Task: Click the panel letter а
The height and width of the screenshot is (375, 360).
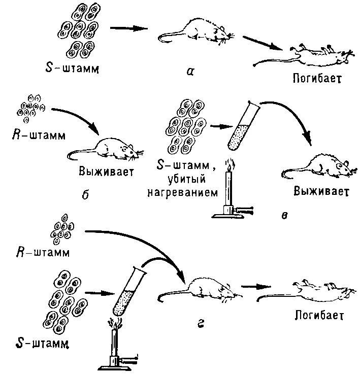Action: (x=190, y=72)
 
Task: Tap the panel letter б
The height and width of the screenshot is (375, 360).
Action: (x=85, y=195)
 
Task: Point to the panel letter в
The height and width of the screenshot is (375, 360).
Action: (x=284, y=216)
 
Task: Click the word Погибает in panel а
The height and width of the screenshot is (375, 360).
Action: (x=317, y=78)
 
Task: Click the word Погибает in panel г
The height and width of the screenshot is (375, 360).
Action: (x=319, y=315)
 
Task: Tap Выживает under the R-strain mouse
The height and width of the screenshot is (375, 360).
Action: (x=106, y=172)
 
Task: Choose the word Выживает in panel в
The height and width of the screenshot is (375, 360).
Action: (x=321, y=191)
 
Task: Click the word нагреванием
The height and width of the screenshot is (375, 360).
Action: (x=183, y=193)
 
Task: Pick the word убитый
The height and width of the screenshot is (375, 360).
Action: (x=187, y=180)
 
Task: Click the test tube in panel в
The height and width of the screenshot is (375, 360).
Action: (x=243, y=126)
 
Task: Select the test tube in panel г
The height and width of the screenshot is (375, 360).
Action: (x=129, y=291)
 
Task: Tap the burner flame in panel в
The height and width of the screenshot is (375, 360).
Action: (x=230, y=165)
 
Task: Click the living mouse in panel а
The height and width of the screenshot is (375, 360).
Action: (x=196, y=32)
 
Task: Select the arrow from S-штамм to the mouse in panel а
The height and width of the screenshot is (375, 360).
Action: (x=129, y=28)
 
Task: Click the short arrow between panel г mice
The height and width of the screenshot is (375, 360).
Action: (x=256, y=286)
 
